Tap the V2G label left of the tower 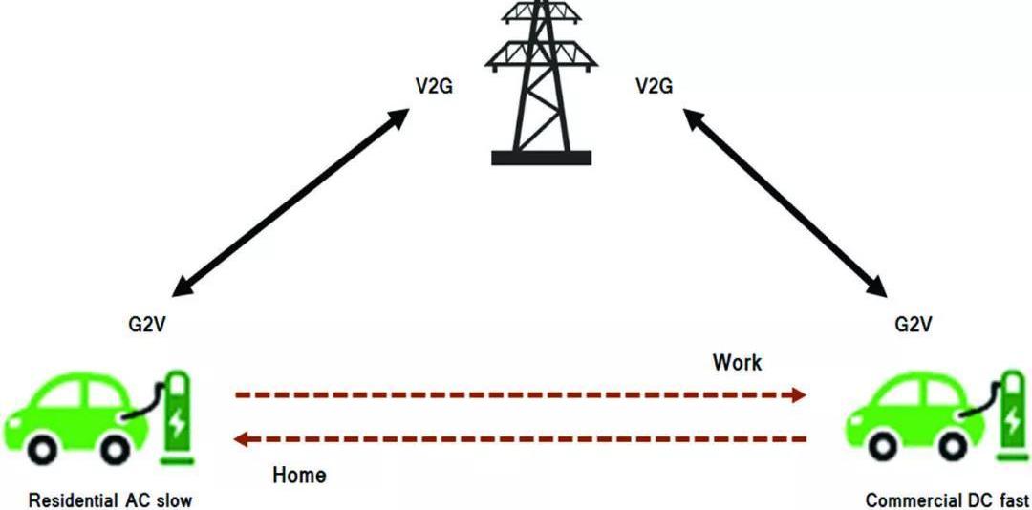click(434, 87)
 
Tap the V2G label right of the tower click(654, 87)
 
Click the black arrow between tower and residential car click(296, 204)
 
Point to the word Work click(737, 362)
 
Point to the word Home click(299, 475)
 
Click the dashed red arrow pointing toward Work click(521, 393)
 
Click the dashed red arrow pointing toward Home click(521, 439)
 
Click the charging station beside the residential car click(176, 415)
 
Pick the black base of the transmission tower click(541, 158)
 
